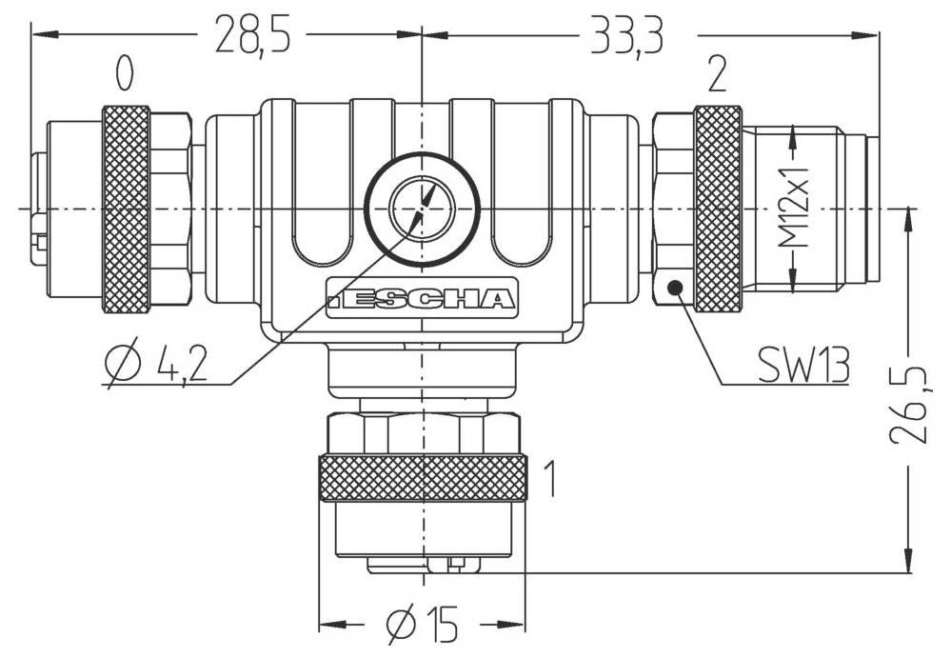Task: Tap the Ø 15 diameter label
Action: click(423, 625)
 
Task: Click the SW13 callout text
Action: click(802, 365)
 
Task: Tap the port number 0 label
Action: click(124, 73)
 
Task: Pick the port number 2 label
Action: click(718, 73)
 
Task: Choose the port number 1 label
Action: click(549, 479)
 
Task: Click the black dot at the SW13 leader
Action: click(675, 288)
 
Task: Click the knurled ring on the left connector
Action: click(126, 209)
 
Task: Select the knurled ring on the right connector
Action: click(718, 209)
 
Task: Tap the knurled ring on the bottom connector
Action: click(422, 478)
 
